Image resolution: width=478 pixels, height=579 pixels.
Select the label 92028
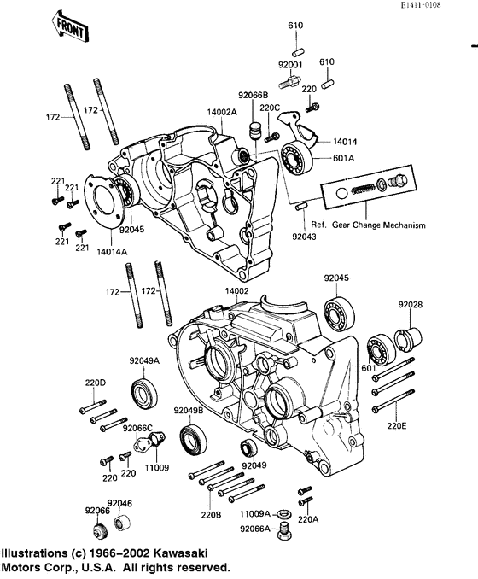pyautogui.click(x=410, y=304)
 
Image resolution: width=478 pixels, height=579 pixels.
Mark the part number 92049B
pyautogui.click(x=188, y=411)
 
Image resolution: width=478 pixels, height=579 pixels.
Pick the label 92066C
pyautogui.click(x=137, y=428)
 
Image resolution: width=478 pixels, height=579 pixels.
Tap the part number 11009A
pyautogui.click(x=254, y=513)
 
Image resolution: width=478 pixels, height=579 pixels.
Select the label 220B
pyautogui.click(x=210, y=514)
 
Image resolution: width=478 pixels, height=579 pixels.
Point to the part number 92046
pyautogui.click(x=119, y=503)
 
